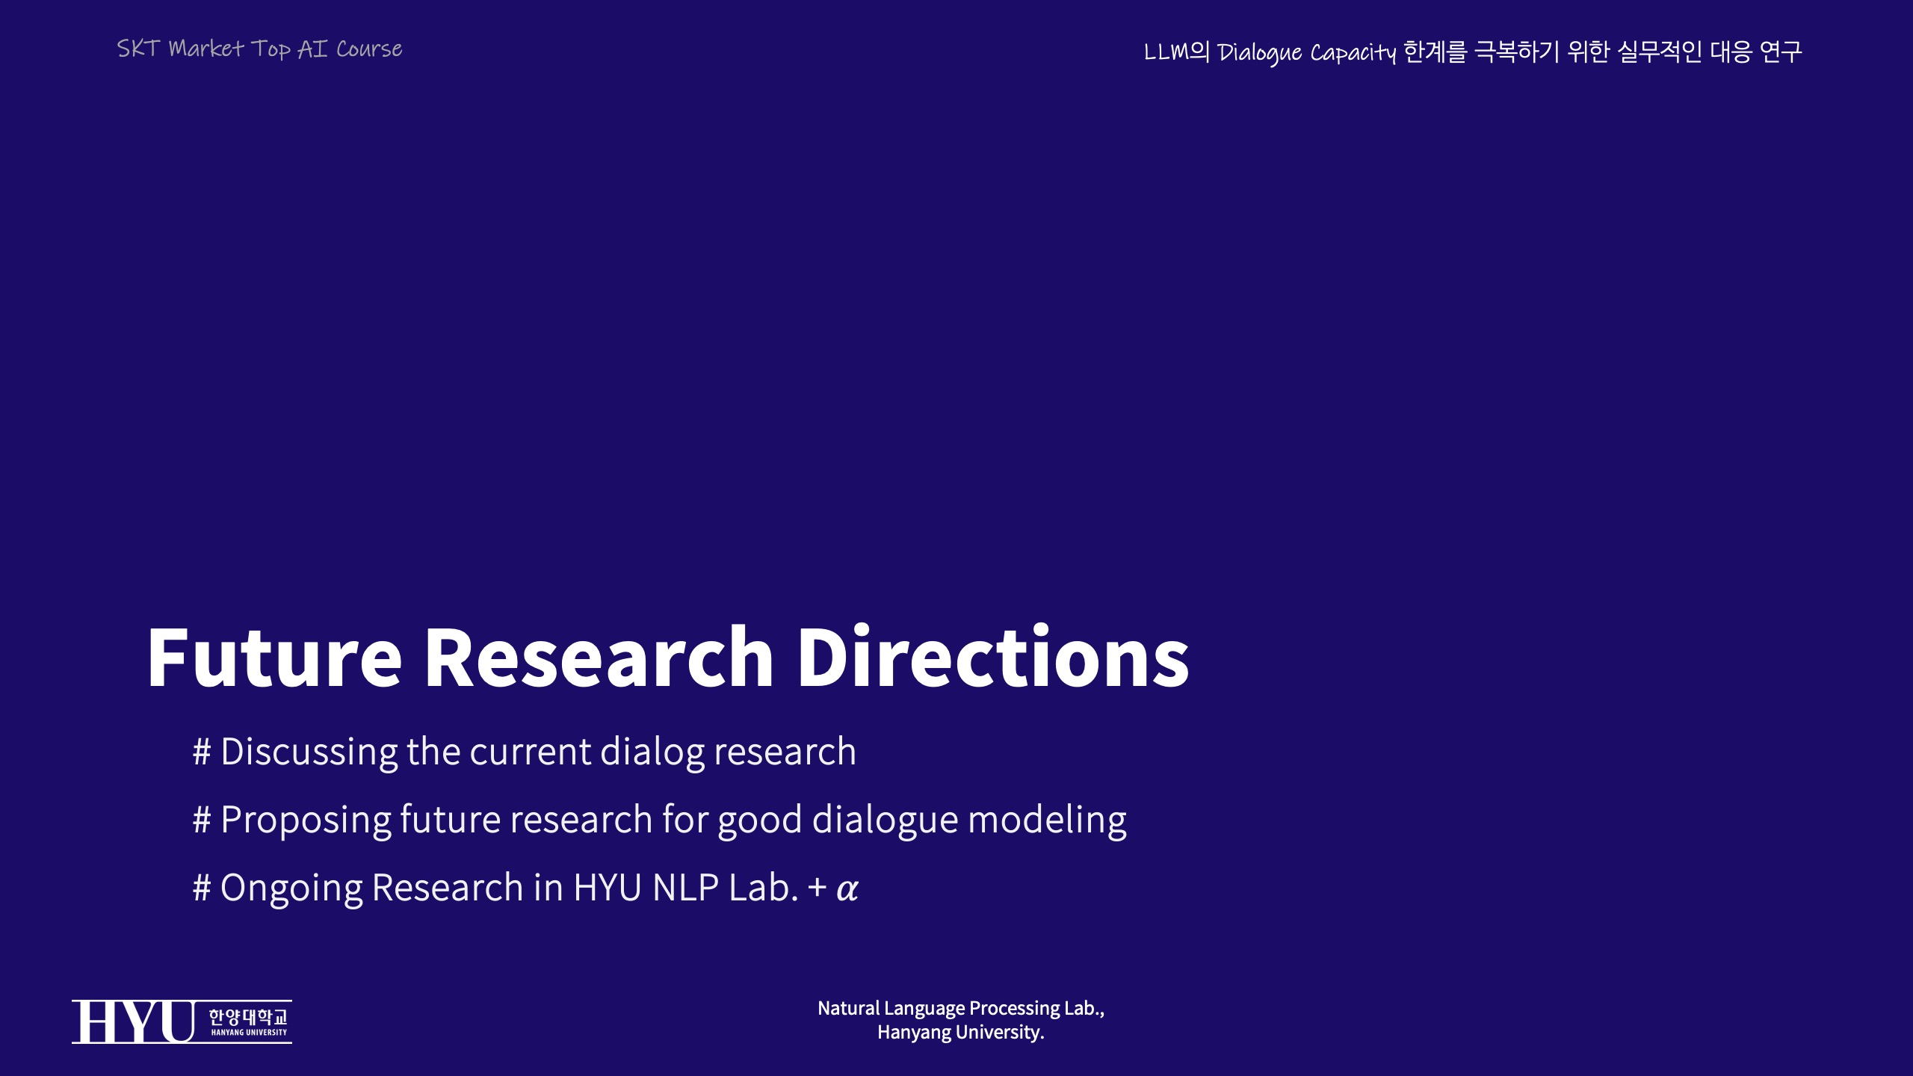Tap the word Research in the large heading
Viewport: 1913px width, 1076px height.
[599, 658]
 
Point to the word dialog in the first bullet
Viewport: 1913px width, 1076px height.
[652, 752]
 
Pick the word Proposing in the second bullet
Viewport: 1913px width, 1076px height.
[306, 820]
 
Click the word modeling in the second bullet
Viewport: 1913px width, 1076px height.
[1048, 820]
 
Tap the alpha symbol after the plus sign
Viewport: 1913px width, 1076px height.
[847, 890]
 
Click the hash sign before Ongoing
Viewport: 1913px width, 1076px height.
[202, 888]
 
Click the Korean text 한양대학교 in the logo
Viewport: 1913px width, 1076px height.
[248, 1017]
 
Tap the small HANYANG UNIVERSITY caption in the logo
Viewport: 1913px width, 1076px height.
[249, 1033]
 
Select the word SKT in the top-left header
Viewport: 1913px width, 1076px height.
[138, 49]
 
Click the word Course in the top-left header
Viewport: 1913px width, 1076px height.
[369, 49]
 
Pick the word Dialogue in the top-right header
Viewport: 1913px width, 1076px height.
[1259, 53]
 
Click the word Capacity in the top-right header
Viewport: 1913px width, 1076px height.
[1353, 53]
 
